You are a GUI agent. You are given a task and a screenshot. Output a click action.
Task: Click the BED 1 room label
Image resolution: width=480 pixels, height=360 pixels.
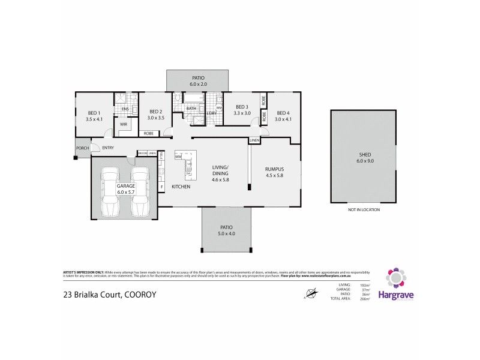pyautogui.click(x=94, y=112)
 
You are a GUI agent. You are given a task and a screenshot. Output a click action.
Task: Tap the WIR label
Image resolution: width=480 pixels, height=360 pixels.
pyautogui.click(x=124, y=124)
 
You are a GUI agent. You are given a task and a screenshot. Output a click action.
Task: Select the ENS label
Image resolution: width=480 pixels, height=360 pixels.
pyautogui.click(x=125, y=109)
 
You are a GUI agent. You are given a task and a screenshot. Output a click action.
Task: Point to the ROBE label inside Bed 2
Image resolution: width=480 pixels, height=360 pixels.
pyautogui.click(x=148, y=133)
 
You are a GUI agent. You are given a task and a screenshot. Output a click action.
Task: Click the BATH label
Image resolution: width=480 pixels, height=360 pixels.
pyautogui.click(x=191, y=109)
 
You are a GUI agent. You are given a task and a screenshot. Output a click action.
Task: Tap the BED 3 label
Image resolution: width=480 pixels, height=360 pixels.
pyautogui.click(x=242, y=106)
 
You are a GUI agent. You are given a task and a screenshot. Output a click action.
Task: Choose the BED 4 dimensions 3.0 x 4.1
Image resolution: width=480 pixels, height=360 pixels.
pyautogui.click(x=283, y=119)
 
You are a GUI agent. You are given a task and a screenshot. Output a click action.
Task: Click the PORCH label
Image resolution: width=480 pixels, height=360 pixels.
pyautogui.click(x=82, y=148)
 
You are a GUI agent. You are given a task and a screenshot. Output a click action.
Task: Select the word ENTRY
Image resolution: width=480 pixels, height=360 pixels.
pyautogui.click(x=109, y=148)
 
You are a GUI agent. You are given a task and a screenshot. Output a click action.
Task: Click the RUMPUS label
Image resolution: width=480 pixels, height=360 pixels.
pyautogui.click(x=274, y=169)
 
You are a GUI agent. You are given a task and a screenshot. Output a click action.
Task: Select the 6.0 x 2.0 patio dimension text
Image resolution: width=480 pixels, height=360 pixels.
pyautogui.click(x=198, y=85)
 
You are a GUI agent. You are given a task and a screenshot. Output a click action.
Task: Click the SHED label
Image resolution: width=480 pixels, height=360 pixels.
pyautogui.click(x=364, y=154)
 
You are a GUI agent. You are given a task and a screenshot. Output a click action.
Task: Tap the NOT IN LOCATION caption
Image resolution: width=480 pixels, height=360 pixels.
pyautogui.click(x=364, y=209)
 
